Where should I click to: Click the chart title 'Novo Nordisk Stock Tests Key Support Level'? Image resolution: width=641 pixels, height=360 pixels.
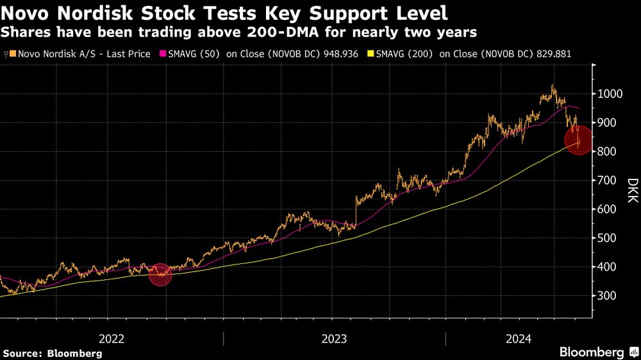pos(224,13)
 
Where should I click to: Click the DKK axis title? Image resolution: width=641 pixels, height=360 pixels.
pos(632,192)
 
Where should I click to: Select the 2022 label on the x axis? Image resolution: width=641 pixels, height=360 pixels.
pos(112,339)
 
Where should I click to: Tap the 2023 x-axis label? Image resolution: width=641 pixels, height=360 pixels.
pos(334,339)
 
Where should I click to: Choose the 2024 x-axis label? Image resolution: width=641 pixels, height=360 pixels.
pos(519,339)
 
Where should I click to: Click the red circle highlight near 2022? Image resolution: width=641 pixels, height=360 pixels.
pos(161,274)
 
